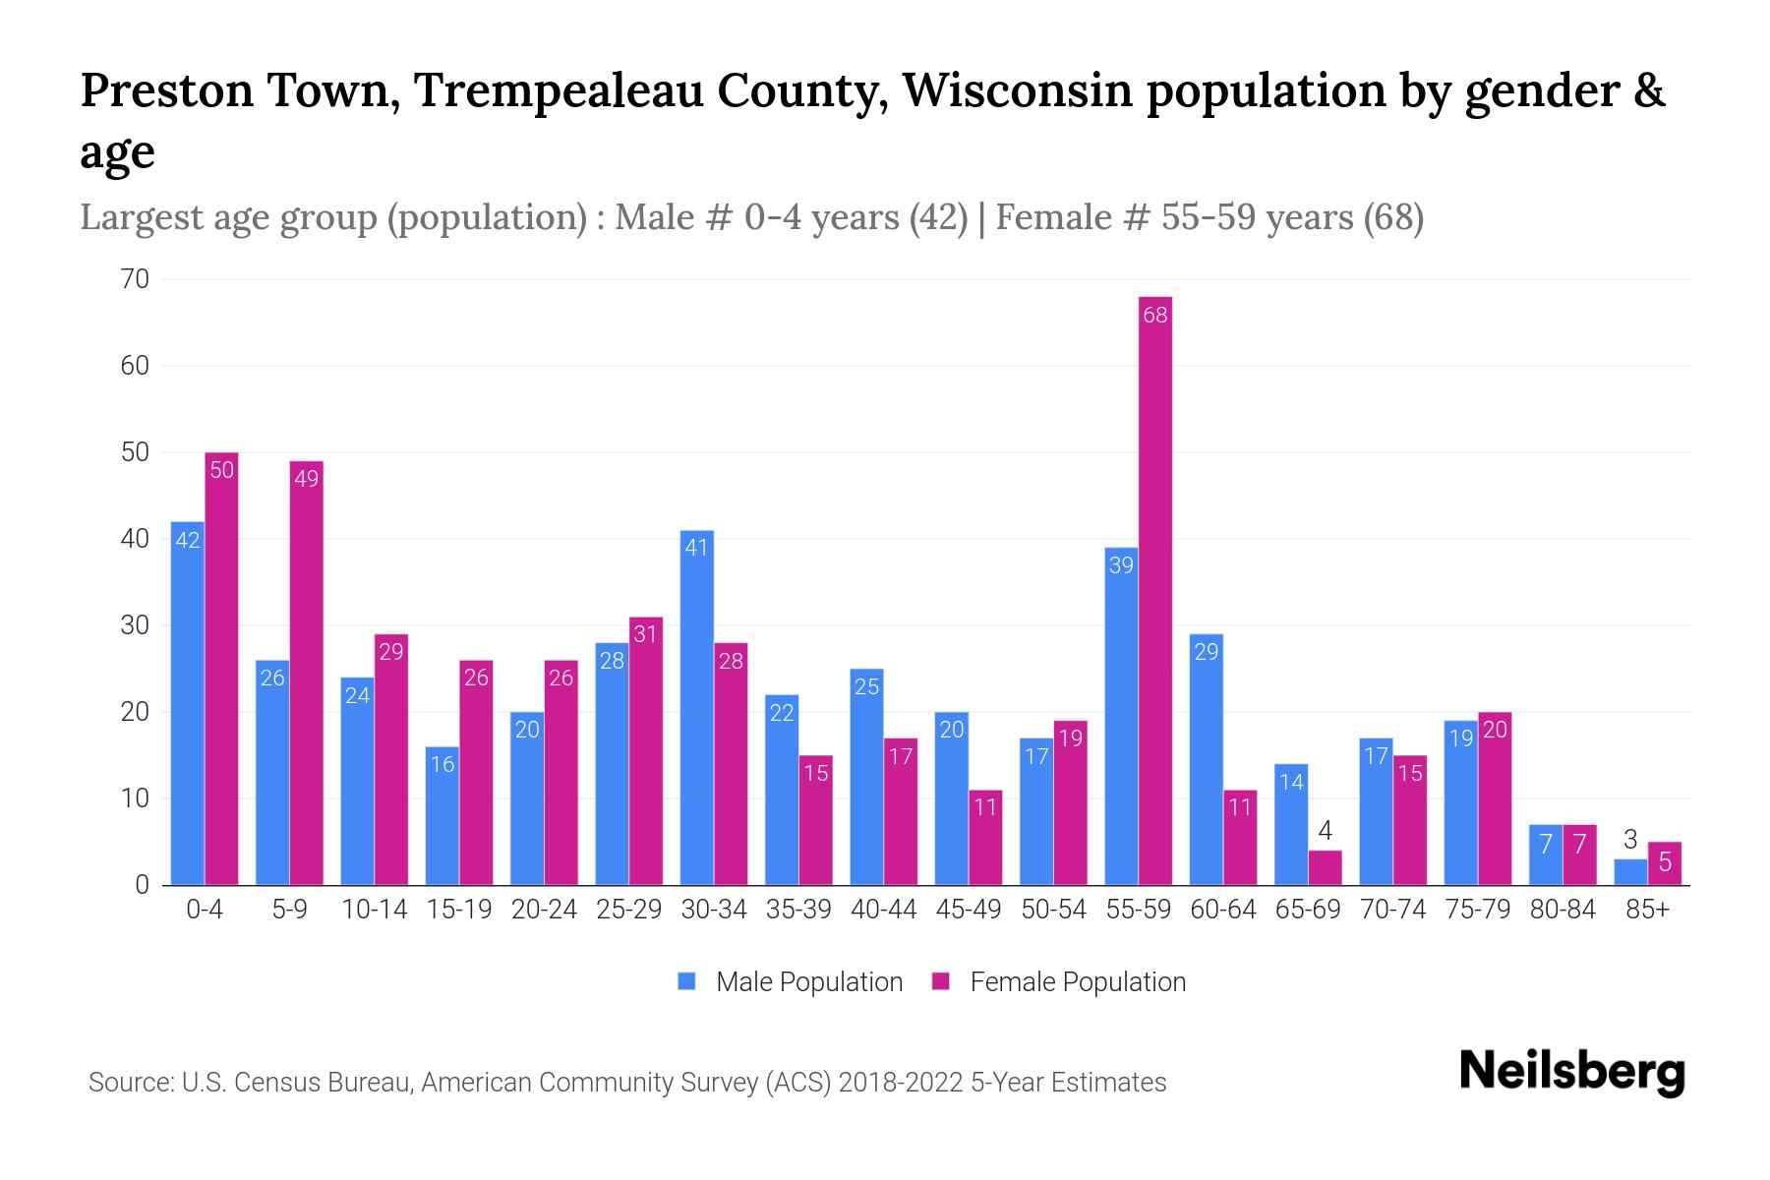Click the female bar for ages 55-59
point(1155,590)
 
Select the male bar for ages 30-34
point(697,708)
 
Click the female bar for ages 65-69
point(1325,868)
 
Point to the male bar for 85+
point(1630,872)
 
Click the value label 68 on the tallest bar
point(1155,316)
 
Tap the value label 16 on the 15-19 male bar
point(442,764)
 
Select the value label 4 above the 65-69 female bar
point(1325,831)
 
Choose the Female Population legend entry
point(1059,982)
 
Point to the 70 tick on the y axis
point(136,279)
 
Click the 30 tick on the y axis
point(136,625)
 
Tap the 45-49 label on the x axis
point(969,910)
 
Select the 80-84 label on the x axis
point(1563,910)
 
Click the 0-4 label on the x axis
point(205,910)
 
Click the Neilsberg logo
point(1571,1072)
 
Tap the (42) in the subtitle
point(939,217)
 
